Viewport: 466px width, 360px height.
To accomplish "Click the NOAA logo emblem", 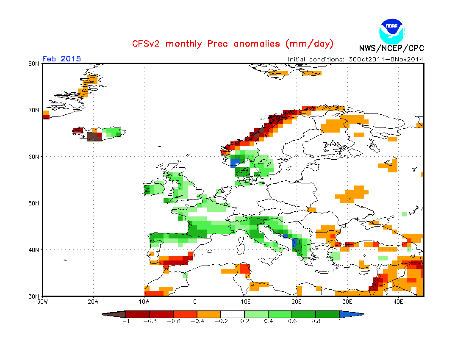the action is tap(392, 31).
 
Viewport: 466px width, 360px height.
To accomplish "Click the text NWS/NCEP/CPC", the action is tap(391, 48).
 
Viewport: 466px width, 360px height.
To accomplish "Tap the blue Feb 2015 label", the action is tap(61, 59).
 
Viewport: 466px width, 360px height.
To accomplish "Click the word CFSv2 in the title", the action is tap(146, 44).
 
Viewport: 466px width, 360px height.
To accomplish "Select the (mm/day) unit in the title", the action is tap(309, 44).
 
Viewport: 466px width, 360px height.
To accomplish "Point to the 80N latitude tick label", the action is tap(34, 64).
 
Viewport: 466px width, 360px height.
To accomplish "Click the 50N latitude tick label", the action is tap(34, 203).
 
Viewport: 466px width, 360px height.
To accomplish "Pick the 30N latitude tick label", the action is tap(34, 296).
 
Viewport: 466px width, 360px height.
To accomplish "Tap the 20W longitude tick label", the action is tap(93, 302).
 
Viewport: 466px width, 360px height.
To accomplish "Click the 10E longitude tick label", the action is tap(245, 302).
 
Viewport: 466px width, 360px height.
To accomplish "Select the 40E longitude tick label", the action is tap(398, 302).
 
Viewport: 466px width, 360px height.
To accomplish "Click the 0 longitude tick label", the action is tap(195, 302).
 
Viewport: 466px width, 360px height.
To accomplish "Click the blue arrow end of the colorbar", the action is tap(351, 314).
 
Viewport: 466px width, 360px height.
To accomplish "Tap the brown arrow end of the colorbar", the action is tap(114, 314).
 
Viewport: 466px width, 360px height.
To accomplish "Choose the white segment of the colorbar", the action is tap(233, 314).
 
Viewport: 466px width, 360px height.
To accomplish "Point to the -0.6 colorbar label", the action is tap(174, 321).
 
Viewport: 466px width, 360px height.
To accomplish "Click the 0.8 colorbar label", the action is tap(316, 321).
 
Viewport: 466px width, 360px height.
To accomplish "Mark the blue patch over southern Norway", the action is tap(234, 163).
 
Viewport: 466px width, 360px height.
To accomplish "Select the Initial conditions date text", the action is tap(355, 59).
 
